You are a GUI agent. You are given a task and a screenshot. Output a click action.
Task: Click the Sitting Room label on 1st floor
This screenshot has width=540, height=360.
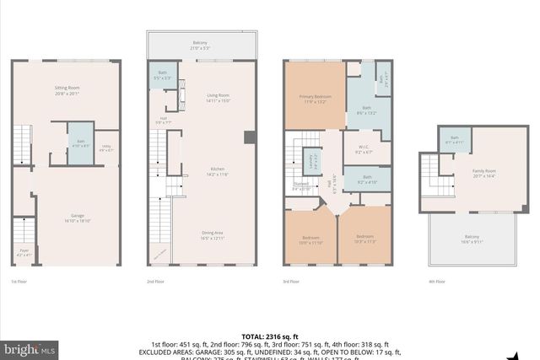[67, 89]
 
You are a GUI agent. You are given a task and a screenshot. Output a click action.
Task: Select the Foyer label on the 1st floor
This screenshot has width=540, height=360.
[23, 251]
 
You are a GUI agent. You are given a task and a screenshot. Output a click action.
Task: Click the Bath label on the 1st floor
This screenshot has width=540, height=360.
[81, 142]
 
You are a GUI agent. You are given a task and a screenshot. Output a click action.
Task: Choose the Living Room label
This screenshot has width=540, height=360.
[219, 98]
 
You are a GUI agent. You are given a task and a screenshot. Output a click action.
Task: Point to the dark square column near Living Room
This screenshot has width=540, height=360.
[250, 137]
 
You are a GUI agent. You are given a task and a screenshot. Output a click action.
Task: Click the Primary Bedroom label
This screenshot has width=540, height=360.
[314, 99]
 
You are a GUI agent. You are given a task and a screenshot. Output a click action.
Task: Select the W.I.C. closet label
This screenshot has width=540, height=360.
[364, 148]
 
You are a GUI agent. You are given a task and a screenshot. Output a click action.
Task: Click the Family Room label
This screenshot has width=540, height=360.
[484, 173]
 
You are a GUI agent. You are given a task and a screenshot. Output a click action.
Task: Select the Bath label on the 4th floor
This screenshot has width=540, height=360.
[454, 140]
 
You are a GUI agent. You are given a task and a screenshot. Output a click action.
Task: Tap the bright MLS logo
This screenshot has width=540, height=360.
[30, 347]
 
